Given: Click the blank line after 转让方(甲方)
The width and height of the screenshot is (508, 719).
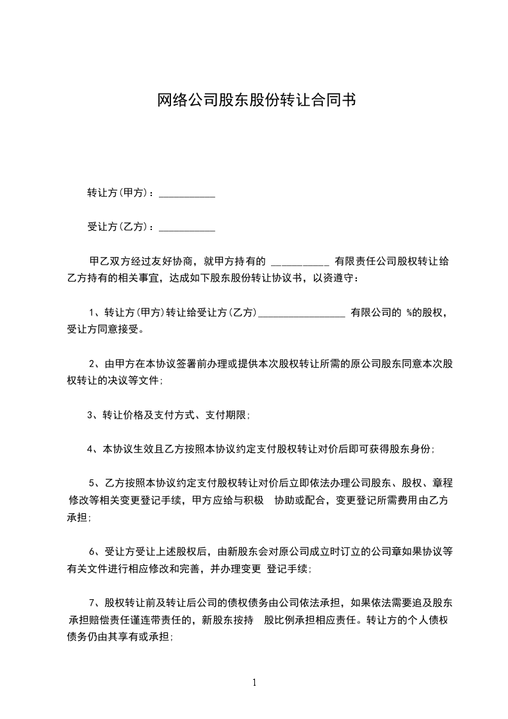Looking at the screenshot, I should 186,194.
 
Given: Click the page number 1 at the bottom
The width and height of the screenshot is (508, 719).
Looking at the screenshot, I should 254,682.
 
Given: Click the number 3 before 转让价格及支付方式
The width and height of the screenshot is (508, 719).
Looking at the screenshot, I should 90,415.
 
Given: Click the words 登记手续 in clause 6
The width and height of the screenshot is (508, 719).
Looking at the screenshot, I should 288,568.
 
